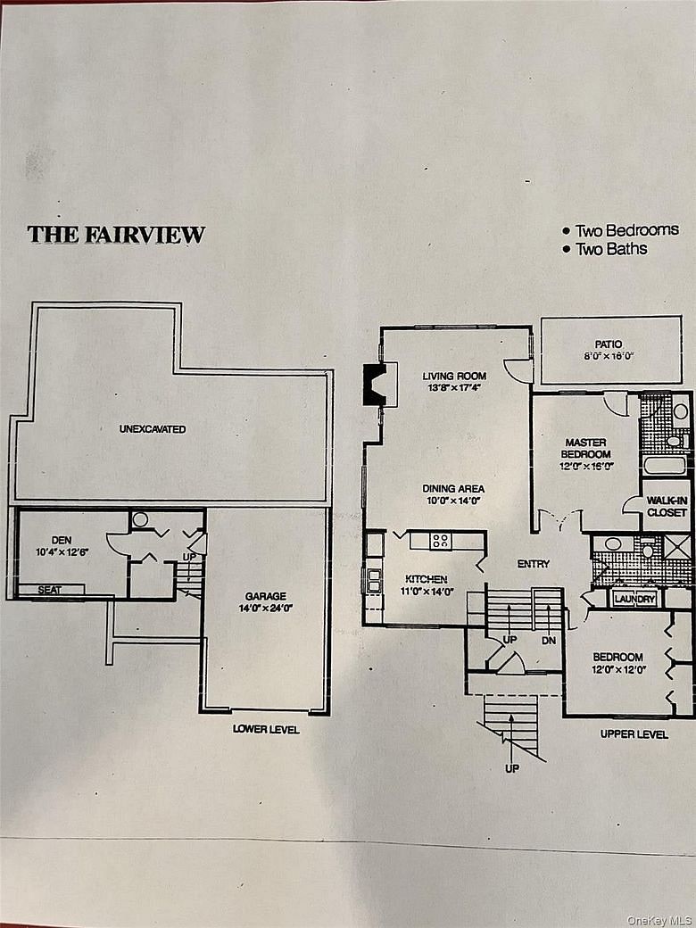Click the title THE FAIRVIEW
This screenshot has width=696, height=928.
point(116,235)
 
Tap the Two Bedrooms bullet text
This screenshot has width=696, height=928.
point(621,230)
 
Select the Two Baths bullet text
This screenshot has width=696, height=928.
point(605,249)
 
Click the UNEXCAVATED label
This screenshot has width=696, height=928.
point(152,429)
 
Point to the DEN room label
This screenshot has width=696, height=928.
point(62,540)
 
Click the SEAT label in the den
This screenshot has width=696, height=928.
point(49,590)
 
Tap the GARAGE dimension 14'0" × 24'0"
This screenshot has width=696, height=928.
point(266,609)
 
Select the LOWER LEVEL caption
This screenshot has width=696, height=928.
point(266,729)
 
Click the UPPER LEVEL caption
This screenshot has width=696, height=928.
point(634,734)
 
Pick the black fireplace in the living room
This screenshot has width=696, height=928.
point(376,385)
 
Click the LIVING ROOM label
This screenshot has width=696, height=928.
point(454,376)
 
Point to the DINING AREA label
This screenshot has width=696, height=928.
point(453,489)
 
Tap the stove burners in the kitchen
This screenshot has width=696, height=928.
point(440,541)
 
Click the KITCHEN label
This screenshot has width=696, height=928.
point(427,579)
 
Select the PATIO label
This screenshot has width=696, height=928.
point(609,344)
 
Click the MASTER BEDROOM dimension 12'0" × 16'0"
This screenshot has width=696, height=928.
point(586,467)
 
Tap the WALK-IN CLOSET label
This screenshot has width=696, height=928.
point(667,507)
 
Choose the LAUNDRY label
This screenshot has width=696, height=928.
point(634,600)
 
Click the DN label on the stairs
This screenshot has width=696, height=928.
point(549,641)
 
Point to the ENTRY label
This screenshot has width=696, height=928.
point(534,564)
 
